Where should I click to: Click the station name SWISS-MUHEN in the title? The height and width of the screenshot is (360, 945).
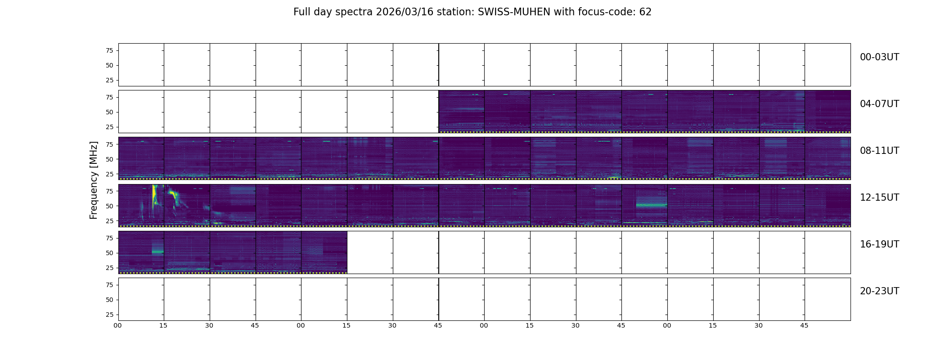point(514,12)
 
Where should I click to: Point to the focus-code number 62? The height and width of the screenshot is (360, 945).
point(645,12)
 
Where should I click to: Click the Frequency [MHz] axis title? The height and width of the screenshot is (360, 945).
point(94,180)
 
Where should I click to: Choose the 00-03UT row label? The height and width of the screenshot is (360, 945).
point(879,57)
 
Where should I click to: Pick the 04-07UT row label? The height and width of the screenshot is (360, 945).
point(879,104)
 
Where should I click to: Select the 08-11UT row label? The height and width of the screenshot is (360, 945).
point(879,151)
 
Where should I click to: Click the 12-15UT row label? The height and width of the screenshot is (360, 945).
point(879,198)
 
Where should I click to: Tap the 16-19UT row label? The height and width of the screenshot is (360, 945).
point(879,244)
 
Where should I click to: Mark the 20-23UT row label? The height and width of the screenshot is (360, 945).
point(879,291)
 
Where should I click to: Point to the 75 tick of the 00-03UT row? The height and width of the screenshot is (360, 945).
point(109,51)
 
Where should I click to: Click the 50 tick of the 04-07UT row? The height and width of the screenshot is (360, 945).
point(109,112)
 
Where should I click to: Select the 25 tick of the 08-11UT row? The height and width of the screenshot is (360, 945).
point(109,174)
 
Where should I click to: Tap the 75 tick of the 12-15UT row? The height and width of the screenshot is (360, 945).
point(109,191)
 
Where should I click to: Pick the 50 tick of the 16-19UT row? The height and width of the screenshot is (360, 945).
point(109,253)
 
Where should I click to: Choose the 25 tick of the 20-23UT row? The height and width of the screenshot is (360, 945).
point(109,315)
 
